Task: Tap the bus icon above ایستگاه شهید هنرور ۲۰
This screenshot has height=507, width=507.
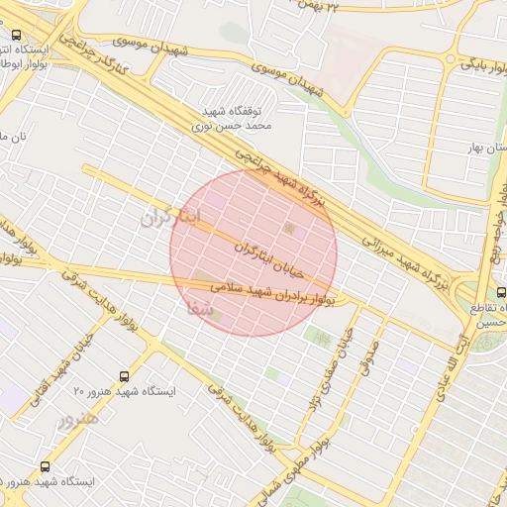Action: click(x=124, y=376)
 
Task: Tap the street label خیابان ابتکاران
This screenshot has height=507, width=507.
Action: click(x=267, y=254)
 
